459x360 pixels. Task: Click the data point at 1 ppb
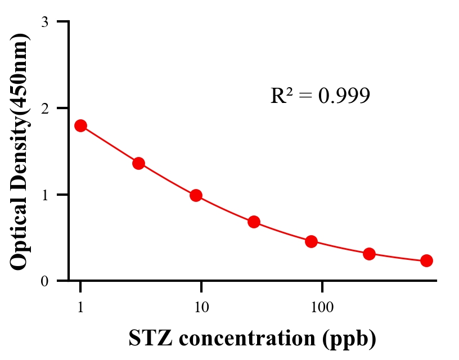(80, 125)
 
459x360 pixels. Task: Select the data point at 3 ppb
(138, 163)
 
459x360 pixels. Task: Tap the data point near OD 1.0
(196, 195)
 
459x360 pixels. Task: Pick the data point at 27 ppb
(254, 222)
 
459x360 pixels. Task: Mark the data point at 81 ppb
(311, 242)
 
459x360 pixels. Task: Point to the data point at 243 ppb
(369, 254)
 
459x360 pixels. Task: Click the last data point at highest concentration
(426, 260)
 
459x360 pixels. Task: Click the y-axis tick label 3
(44, 22)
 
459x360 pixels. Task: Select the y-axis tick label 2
(44, 108)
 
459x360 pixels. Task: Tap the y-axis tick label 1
(44, 195)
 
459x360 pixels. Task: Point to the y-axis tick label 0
(44, 281)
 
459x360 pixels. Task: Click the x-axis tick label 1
(80, 308)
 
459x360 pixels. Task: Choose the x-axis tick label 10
(201, 308)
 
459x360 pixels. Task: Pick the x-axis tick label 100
(322, 308)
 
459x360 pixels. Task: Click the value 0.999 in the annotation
(344, 96)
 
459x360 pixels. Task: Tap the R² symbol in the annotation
(281, 96)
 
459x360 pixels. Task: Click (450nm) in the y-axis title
(20, 71)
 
